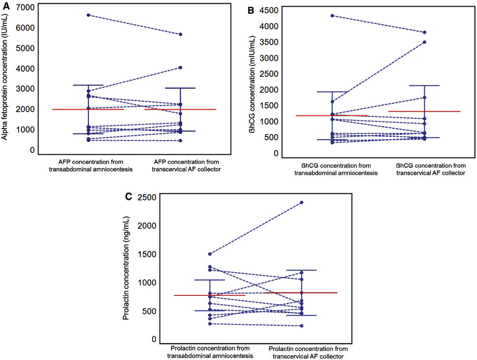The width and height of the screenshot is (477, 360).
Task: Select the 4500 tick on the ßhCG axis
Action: pos(268,11)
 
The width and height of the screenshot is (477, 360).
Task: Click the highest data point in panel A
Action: pos(88,15)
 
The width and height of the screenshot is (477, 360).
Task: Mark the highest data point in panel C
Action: pos(301,203)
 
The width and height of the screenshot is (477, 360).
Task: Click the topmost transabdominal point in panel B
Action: pos(332,16)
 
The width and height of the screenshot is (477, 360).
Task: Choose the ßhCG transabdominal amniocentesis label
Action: pos(336,169)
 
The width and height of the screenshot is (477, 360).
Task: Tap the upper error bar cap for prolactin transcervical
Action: pos(301,270)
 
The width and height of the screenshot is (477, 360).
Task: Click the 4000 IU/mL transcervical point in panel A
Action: pos(181,67)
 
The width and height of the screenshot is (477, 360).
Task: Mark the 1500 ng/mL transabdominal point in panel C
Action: pos(210,254)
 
